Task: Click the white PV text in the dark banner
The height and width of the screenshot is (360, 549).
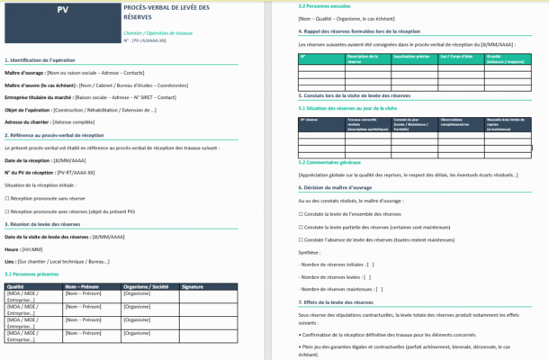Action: [x=62, y=11]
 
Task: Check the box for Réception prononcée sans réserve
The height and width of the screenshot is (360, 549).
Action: [x=7, y=197]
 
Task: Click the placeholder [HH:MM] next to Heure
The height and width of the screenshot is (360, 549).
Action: [x=32, y=249]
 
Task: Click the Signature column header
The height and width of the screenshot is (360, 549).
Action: [x=193, y=286]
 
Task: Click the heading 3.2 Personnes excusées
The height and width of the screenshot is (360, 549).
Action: [x=325, y=6]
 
